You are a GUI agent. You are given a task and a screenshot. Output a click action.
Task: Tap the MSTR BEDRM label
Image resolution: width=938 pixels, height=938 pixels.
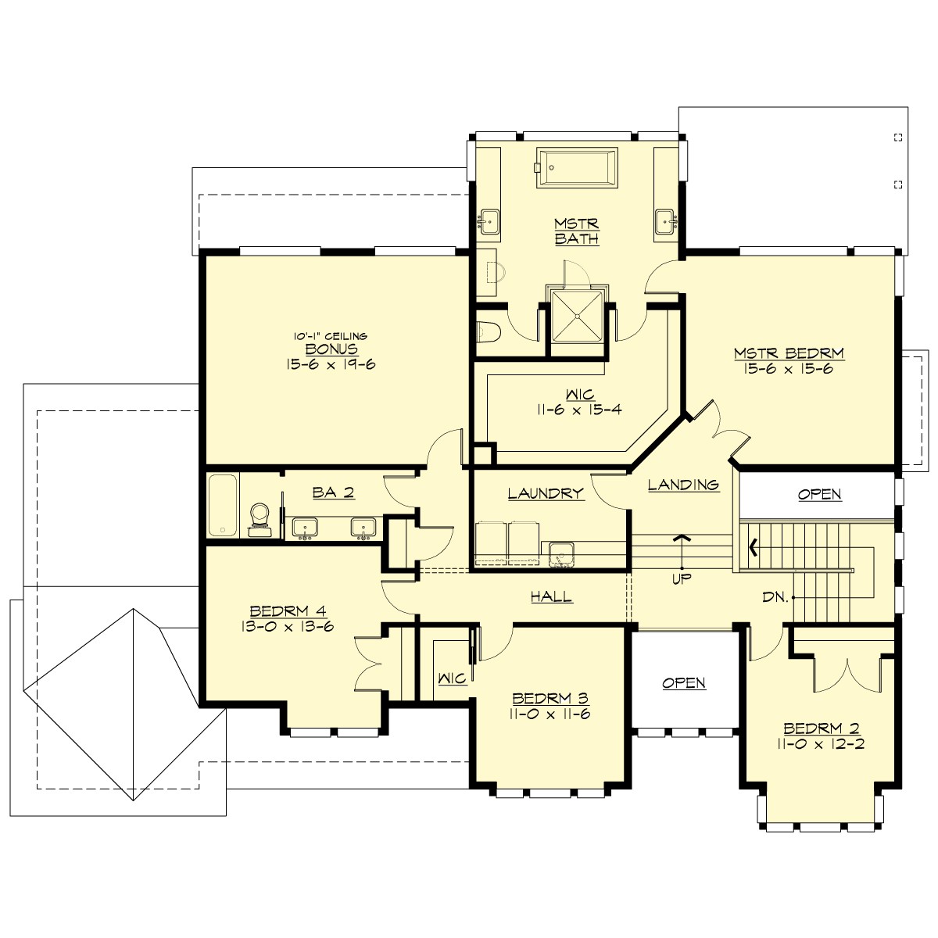click(x=789, y=353)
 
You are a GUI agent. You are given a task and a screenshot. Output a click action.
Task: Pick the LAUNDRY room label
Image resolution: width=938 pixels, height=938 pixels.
click(x=546, y=493)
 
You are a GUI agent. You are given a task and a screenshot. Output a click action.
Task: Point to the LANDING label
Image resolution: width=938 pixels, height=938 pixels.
click(x=683, y=485)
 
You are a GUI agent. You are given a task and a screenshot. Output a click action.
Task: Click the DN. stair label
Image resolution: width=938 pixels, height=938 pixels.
click(x=775, y=597)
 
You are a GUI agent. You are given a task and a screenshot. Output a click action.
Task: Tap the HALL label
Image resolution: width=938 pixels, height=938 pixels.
click(x=552, y=596)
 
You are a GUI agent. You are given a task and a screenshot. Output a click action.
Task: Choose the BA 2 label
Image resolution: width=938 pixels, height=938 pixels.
click(x=334, y=492)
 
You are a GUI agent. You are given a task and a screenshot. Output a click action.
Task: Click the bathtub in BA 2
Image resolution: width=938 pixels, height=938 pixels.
click(x=223, y=505)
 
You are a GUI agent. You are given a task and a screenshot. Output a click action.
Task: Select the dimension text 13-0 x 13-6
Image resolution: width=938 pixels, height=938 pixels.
click(x=287, y=625)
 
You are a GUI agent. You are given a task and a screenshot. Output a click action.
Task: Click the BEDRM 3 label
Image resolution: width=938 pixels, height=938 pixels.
click(x=550, y=698)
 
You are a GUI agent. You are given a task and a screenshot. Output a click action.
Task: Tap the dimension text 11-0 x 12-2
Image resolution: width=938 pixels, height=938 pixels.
click(x=820, y=743)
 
